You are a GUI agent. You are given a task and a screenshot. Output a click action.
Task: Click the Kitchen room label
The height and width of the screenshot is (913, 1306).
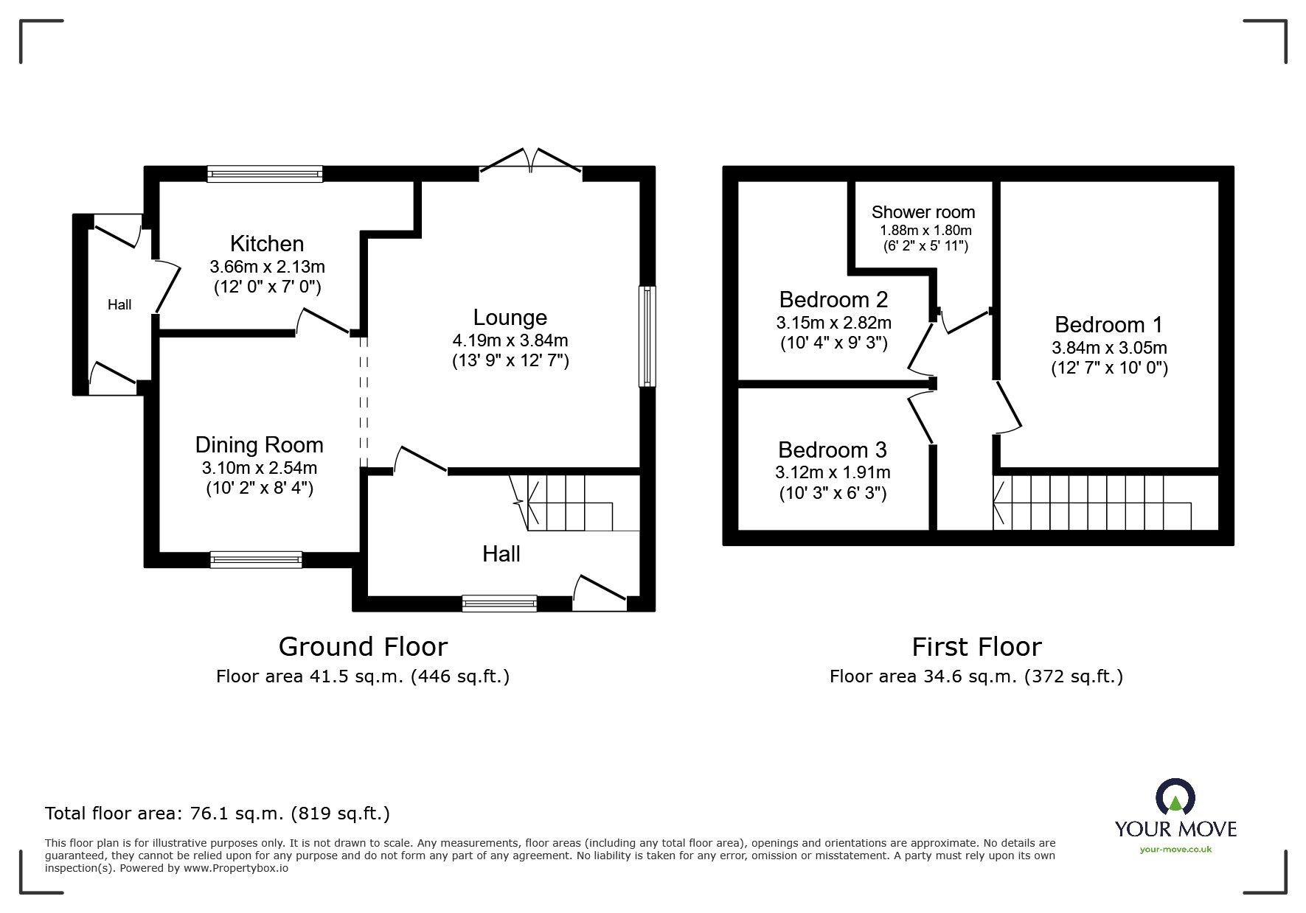click(x=266, y=243)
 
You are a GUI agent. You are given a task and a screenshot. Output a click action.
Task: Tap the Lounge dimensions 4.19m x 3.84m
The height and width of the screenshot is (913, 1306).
click(x=510, y=340)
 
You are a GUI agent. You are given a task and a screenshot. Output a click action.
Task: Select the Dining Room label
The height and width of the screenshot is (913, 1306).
click(x=259, y=444)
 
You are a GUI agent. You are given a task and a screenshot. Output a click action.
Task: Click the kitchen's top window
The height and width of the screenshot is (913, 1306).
click(x=265, y=174)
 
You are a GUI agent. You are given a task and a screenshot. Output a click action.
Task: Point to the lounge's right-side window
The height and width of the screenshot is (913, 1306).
click(x=647, y=336)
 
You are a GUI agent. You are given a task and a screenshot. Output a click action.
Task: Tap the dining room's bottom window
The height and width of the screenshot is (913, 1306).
click(x=256, y=560)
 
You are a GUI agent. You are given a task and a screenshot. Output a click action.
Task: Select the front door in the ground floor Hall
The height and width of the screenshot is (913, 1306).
click(x=599, y=594)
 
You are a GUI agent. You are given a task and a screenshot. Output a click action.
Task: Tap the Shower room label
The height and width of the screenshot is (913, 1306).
click(x=923, y=212)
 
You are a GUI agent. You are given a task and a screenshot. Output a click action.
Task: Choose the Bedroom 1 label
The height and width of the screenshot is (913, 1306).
click(x=1108, y=324)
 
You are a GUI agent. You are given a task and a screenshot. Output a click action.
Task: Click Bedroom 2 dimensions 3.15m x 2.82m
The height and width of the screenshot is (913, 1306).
click(x=833, y=323)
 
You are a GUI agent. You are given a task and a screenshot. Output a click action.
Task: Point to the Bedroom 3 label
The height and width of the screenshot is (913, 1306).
click(x=832, y=449)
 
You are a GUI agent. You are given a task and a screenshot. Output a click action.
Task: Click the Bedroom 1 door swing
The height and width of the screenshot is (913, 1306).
click(x=1007, y=408)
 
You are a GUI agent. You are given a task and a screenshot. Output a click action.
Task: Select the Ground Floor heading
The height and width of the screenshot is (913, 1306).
click(x=363, y=647)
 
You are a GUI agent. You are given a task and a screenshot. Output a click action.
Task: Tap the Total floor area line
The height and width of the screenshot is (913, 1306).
click(x=218, y=814)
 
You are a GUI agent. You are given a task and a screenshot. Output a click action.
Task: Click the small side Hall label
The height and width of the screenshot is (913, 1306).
click(x=119, y=304)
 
